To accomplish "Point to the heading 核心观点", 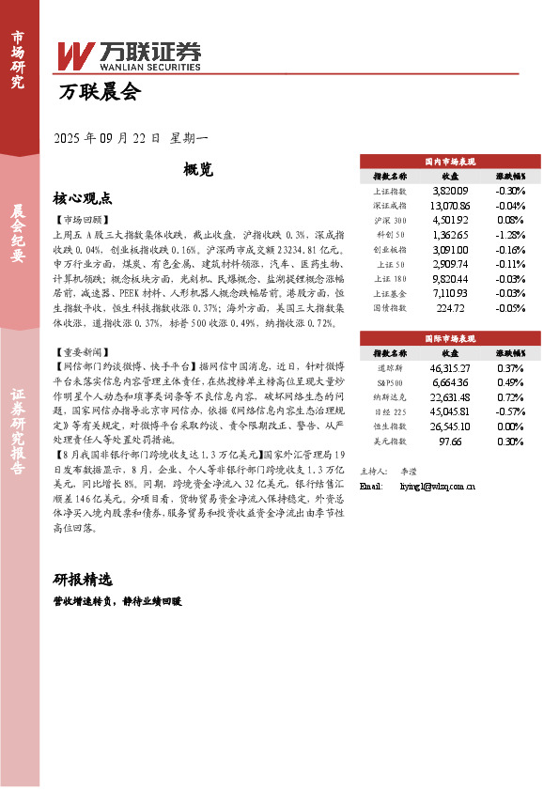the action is point(83,198).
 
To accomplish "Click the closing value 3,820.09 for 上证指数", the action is point(449,190).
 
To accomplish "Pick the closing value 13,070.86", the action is point(449,205).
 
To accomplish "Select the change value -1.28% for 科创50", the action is point(510,234).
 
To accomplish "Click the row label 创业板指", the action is point(390,249).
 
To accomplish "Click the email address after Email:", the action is point(437,487).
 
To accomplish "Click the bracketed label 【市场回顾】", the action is point(85,219).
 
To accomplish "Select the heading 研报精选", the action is point(83,578).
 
